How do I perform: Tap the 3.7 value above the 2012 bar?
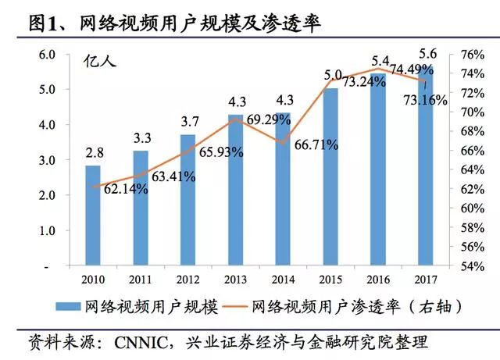tap(187, 123)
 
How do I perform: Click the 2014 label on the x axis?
tap(283, 279)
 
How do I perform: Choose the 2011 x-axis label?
tap(141, 279)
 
